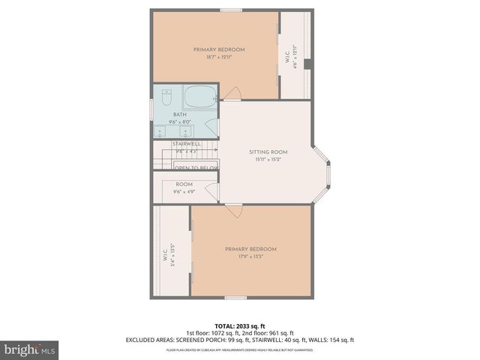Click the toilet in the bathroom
(x=166, y=97)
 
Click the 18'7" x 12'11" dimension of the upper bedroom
(x=219, y=57)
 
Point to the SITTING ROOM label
(x=268, y=152)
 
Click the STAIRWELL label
(x=186, y=143)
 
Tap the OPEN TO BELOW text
(x=196, y=168)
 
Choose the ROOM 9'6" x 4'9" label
(x=184, y=188)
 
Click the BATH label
(x=179, y=115)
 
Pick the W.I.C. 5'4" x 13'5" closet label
(x=169, y=255)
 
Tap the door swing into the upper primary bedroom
(x=232, y=93)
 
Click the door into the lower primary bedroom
(x=235, y=210)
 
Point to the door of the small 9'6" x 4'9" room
(x=212, y=193)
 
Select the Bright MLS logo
(x=29, y=349)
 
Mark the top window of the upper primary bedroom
(x=231, y=10)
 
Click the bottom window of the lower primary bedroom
(x=235, y=298)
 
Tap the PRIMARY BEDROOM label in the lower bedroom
(x=250, y=249)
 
